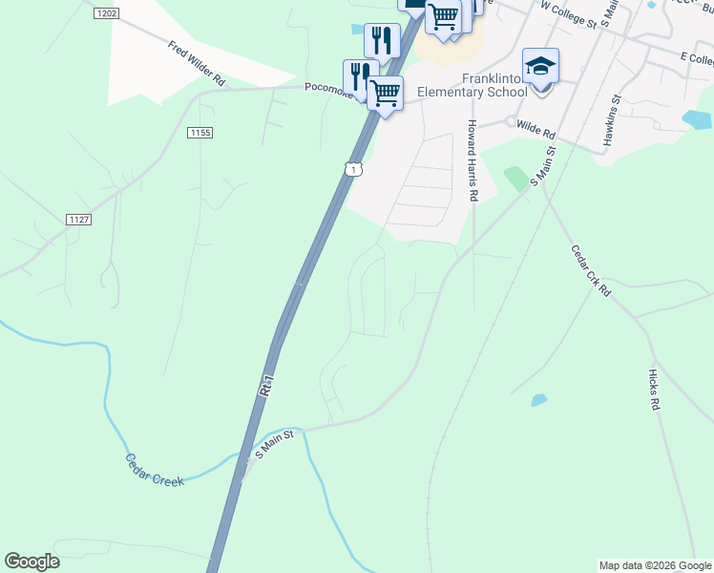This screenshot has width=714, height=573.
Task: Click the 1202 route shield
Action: (x=107, y=13)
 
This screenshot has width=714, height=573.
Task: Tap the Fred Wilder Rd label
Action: (x=197, y=64)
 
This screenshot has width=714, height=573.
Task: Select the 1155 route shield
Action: (x=199, y=132)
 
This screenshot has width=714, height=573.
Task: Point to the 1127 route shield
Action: (x=79, y=220)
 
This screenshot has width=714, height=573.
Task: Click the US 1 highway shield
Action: (x=353, y=170)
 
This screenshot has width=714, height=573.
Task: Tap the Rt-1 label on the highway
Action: (x=267, y=384)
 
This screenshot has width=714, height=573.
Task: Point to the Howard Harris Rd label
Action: (x=472, y=160)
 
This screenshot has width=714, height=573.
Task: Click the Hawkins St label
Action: (x=611, y=119)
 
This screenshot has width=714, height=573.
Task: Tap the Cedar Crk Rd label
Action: (x=590, y=270)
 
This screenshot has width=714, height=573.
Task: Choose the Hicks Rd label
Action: (x=655, y=390)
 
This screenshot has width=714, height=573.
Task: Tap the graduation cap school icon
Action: (x=540, y=67)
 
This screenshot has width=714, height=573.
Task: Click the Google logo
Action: (x=31, y=562)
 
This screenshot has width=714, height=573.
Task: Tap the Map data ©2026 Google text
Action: (x=655, y=565)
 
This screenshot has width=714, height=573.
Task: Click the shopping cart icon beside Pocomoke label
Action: (x=386, y=94)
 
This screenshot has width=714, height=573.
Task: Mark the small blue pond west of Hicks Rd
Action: (x=538, y=399)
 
